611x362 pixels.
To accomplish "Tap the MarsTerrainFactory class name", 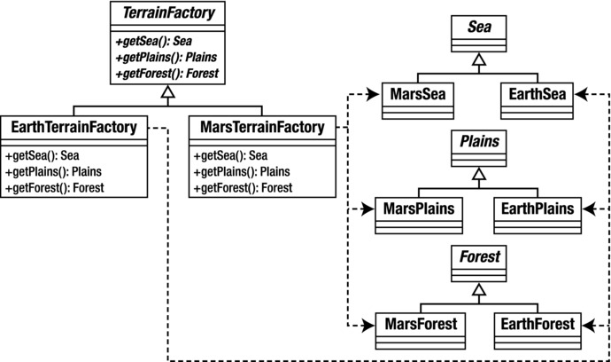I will pos(262,129).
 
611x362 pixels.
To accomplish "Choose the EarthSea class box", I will pos(534,94).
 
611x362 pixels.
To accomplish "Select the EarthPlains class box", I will pos(534,209).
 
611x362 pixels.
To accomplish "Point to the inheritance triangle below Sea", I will pos(476,59).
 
